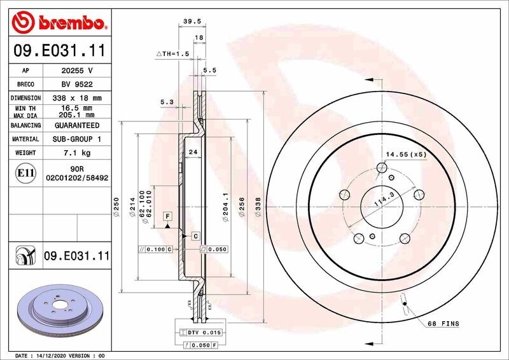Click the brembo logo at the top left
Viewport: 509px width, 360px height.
point(59,24)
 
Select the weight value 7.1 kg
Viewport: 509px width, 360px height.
point(76,153)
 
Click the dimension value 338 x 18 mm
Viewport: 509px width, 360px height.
point(76,99)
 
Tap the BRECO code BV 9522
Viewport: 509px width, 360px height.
point(76,84)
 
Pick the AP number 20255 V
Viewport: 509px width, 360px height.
point(76,71)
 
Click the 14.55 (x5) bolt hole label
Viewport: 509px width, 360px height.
point(406,154)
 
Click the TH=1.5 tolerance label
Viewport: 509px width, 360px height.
point(173,55)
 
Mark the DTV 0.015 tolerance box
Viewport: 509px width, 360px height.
point(200,333)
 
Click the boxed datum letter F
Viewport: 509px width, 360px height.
point(167,216)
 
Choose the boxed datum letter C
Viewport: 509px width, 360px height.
point(195,235)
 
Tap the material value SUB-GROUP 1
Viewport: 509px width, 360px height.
point(76,139)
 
